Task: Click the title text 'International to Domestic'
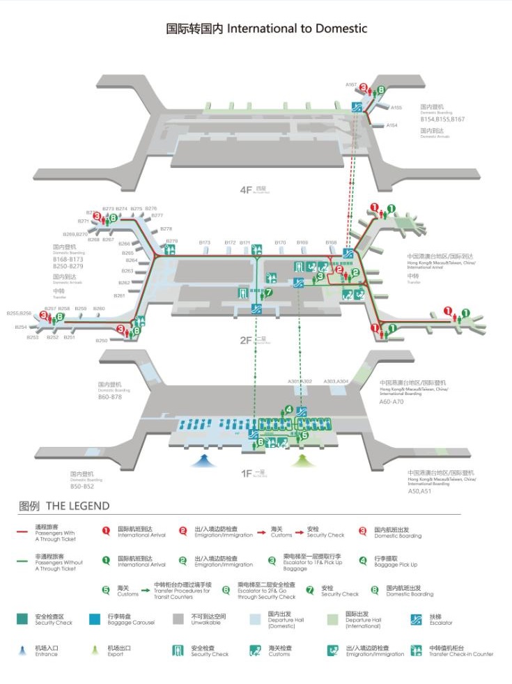click(x=297, y=29)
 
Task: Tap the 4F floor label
click(x=245, y=189)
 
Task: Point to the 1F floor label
click(x=246, y=474)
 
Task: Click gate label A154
click(x=391, y=125)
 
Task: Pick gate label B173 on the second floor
click(x=205, y=242)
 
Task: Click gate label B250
click(x=102, y=341)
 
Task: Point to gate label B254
click(x=21, y=327)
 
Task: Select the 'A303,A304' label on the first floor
click(x=338, y=382)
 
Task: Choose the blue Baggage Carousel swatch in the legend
click(x=95, y=619)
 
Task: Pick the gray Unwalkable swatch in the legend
click(x=178, y=619)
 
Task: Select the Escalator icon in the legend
click(x=417, y=619)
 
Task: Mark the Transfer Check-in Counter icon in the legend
click(x=417, y=651)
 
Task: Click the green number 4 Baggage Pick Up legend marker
click(x=363, y=560)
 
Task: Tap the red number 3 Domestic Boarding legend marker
click(x=362, y=530)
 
